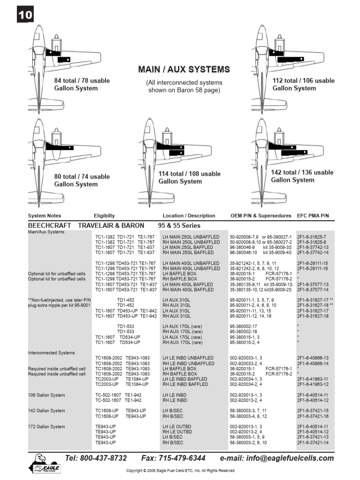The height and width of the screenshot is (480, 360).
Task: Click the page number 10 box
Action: pos(25,15)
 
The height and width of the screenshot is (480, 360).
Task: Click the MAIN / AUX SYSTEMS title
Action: pos(184,69)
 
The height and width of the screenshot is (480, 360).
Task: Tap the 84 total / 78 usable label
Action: pos(82,84)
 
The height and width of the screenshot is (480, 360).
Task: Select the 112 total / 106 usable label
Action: pos(303,84)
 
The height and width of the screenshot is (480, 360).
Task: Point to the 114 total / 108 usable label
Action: pos(189,178)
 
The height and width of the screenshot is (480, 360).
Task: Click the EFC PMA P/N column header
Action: pos(313,216)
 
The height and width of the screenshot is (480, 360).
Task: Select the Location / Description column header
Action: pos(189,216)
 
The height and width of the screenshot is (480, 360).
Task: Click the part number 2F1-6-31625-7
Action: pos(312,237)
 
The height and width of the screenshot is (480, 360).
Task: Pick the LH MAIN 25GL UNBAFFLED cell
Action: pos(191,237)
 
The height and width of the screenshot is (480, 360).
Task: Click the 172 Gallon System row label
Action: pos(47,427)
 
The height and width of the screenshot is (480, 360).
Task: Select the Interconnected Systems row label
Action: pos(52,352)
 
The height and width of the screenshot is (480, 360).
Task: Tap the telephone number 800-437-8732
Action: pos(96,458)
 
